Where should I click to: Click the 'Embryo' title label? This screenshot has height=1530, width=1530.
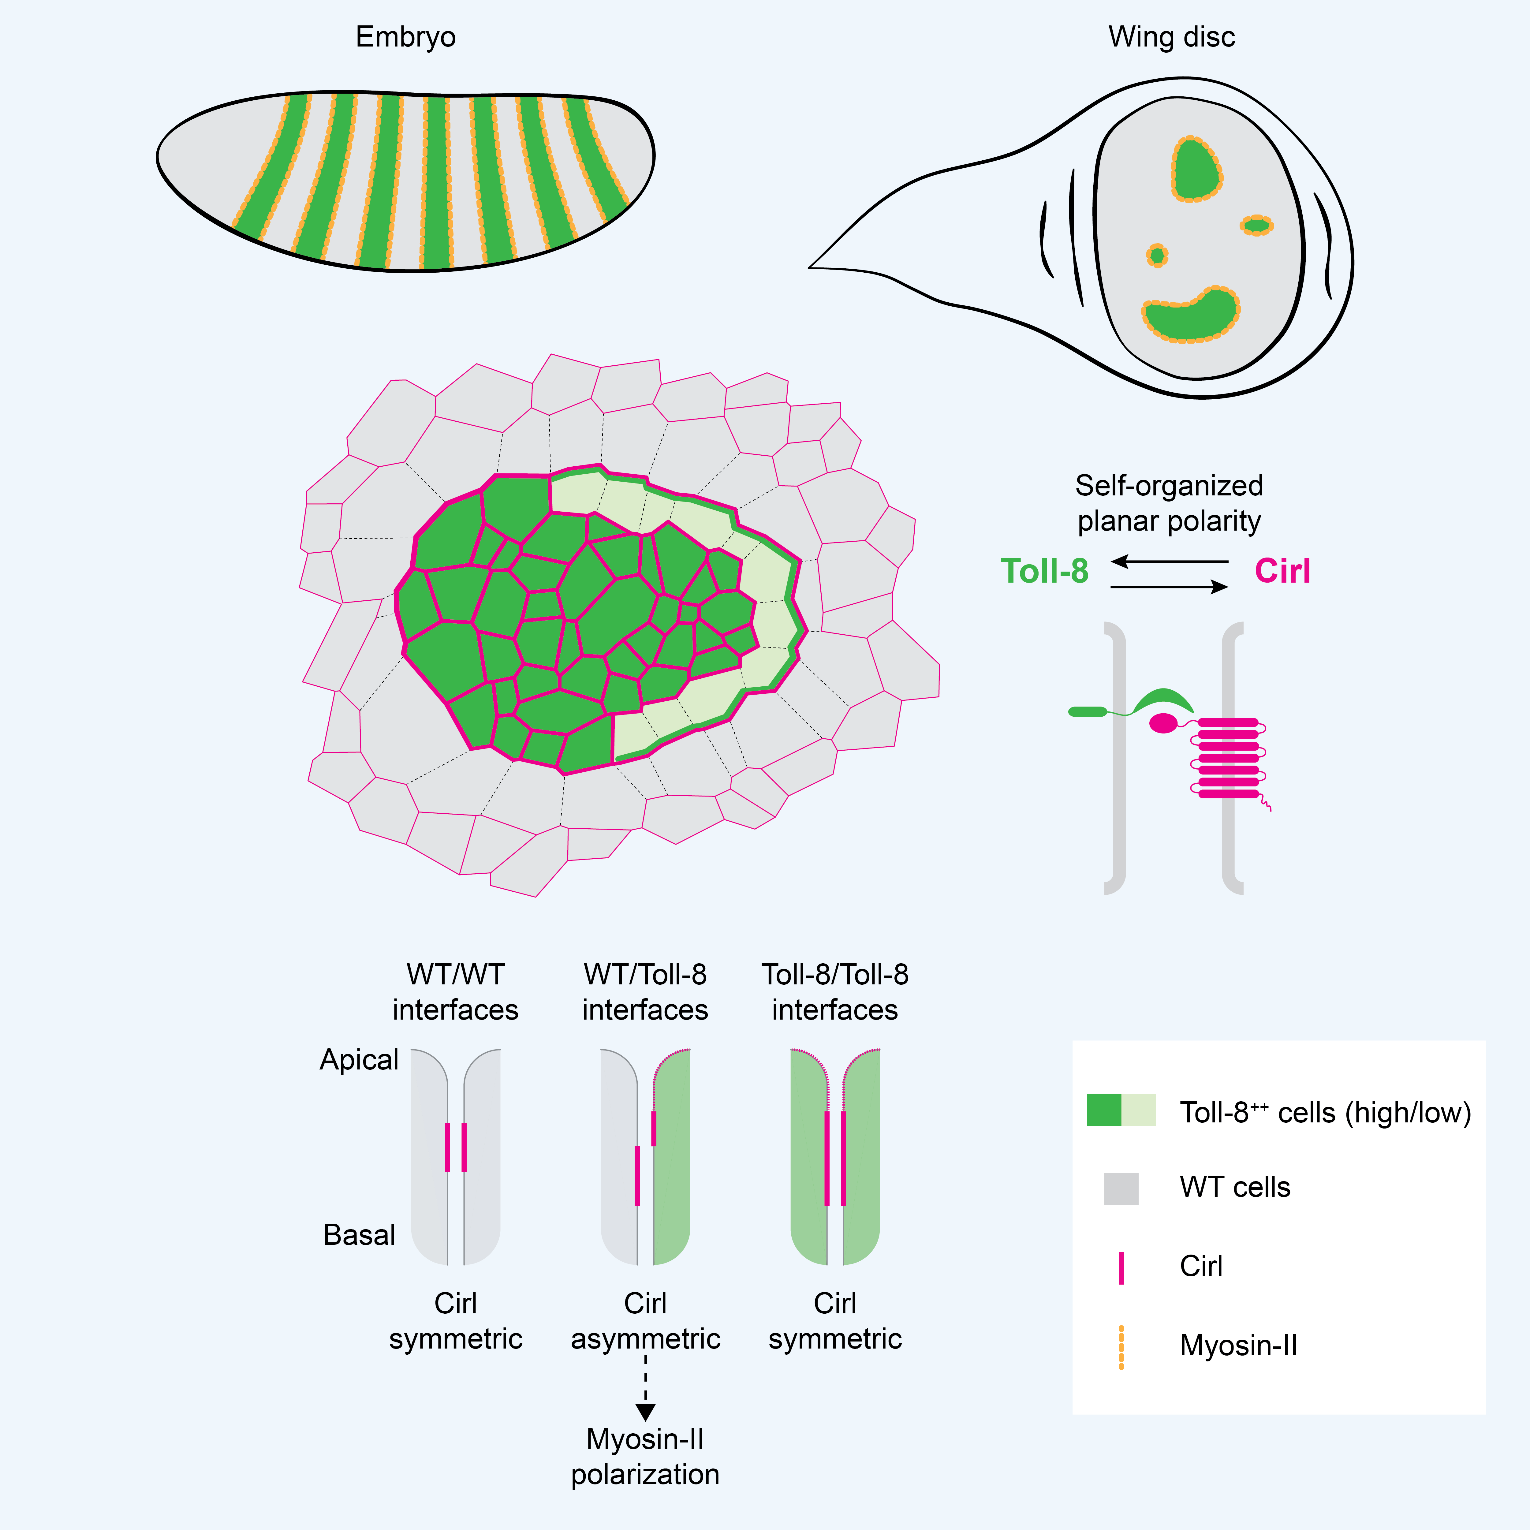tap(405, 37)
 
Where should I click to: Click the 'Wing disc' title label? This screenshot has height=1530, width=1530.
tap(1171, 37)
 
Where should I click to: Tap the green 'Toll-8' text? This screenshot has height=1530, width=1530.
tap(1045, 571)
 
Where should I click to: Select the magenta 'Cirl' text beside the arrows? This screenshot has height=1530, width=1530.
tap(1282, 571)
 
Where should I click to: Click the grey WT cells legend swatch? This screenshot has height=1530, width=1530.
tap(1121, 1189)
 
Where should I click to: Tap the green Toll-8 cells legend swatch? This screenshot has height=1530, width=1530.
tap(1121, 1110)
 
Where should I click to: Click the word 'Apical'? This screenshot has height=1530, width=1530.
tap(359, 1060)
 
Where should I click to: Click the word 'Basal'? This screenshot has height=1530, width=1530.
tap(359, 1235)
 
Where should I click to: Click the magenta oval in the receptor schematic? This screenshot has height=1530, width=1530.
tap(1162, 723)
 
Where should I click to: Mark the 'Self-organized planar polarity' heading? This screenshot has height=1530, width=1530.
tap(1169, 503)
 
